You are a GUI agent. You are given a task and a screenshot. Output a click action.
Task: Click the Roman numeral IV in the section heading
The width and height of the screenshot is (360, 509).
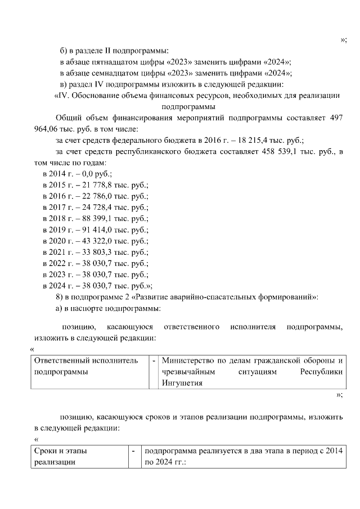(64, 96)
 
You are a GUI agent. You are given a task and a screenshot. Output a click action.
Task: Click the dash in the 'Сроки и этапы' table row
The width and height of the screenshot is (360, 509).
(133, 451)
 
